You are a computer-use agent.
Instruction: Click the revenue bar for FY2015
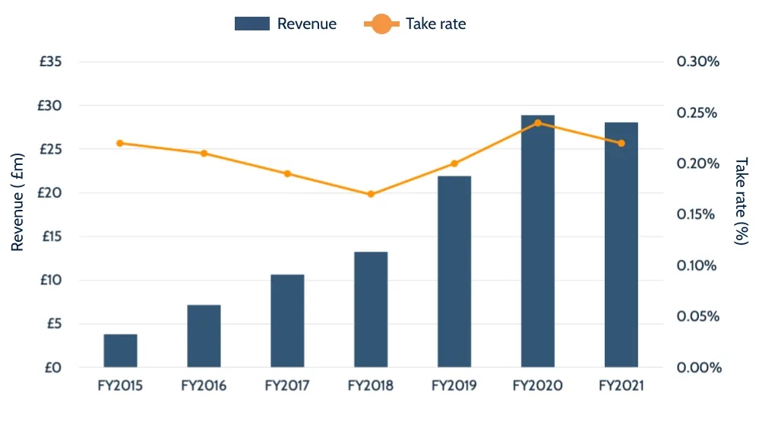[x=120, y=351]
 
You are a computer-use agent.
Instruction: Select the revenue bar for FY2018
[x=371, y=309]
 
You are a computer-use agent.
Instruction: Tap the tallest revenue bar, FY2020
[x=538, y=242]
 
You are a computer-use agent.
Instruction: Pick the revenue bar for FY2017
[x=287, y=320]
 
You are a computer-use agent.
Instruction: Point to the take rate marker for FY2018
[x=371, y=194]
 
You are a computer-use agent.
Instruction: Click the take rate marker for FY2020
[x=538, y=122]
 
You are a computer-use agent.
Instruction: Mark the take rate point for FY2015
[x=120, y=143]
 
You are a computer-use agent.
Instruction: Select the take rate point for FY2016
[x=204, y=154]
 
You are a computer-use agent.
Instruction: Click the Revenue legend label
[x=306, y=24]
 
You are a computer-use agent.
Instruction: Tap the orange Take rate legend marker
[x=381, y=24]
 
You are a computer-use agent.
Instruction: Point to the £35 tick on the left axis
[x=51, y=62]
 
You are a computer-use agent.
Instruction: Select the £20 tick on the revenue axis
[x=51, y=193]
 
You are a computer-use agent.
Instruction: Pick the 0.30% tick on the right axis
[x=697, y=62]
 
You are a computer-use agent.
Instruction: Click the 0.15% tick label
[x=697, y=214]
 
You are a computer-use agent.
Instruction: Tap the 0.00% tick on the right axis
[x=697, y=368]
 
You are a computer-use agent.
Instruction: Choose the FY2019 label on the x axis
[x=454, y=386]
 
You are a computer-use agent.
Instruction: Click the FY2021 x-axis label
[x=621, y=386]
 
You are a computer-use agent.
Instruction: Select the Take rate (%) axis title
[x=741, y=201]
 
